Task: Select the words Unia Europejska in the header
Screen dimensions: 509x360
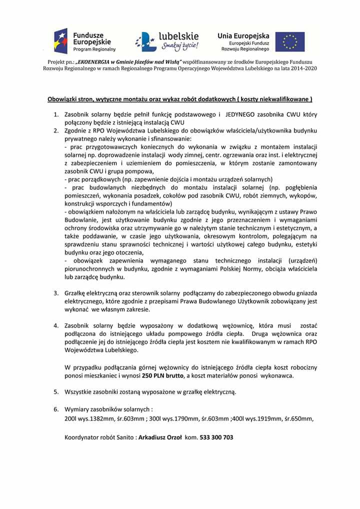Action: point(243,35)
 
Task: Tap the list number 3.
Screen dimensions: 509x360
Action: point(56,292)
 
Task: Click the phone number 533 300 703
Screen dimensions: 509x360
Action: point(216,437)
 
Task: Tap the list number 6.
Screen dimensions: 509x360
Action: point(56,409)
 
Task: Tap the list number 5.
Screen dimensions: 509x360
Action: point(56,391)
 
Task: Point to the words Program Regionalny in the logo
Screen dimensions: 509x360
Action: point(94,49)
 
